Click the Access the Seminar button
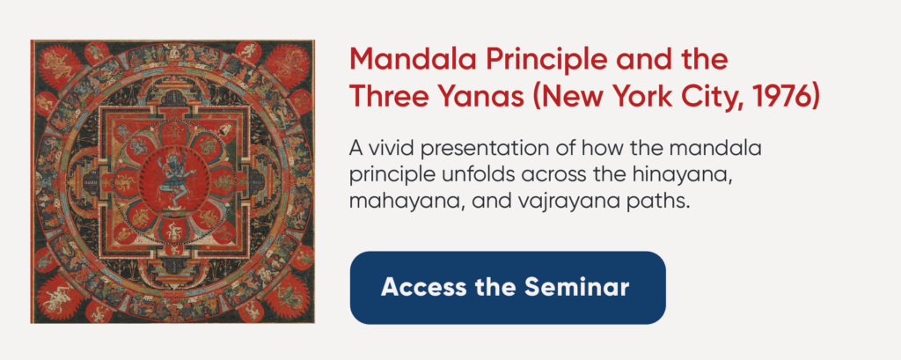click(x=508, y=287)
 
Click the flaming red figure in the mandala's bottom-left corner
click(x=60, y=295)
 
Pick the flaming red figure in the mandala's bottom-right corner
click(x=285, y=295)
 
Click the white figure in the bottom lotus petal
click(x=172, y=230)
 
